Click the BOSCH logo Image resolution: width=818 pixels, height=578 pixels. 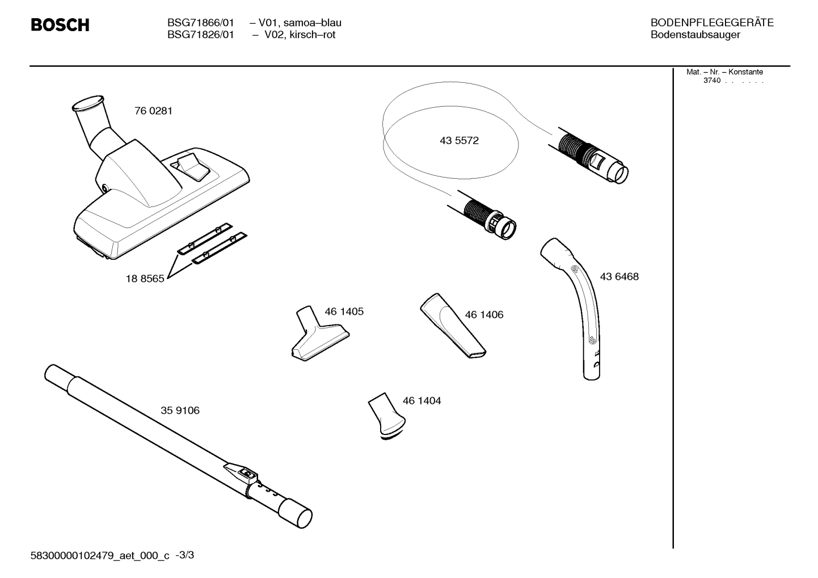click(60, 26)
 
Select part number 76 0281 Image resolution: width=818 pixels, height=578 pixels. click(153, 111)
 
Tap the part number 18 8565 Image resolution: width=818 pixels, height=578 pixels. click(145, 279)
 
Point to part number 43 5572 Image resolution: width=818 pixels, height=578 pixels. click(459, 141)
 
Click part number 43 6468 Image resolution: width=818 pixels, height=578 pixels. click(619, 277)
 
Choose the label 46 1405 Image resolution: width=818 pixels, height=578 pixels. click(344, 312)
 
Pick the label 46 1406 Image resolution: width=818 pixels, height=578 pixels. click(484, 315)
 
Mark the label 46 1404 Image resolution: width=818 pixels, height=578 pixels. click(421, 401)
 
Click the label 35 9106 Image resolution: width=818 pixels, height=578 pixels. click(180, 411)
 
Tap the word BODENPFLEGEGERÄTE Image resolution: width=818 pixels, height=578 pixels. click(712, 23)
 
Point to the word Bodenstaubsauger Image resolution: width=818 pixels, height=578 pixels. click(695, 35)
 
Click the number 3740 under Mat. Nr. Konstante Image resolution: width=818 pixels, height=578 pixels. click(712, 81)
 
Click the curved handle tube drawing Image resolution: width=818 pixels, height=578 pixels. click(582, 306)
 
